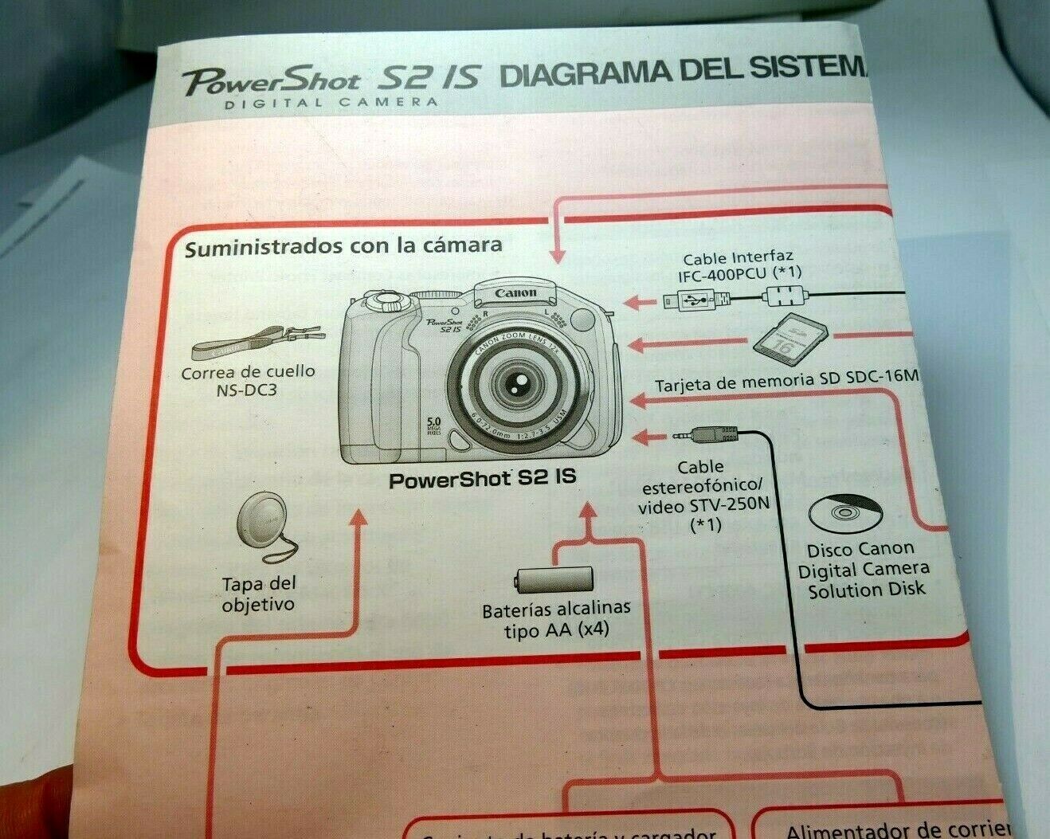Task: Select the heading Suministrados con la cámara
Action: [x=343, y=246]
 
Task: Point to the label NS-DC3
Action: [x=246, y=392]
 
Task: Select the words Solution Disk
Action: [x=867, y=590]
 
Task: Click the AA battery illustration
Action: [x=554, y=579]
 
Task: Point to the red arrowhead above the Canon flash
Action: [x=557, y=255]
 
